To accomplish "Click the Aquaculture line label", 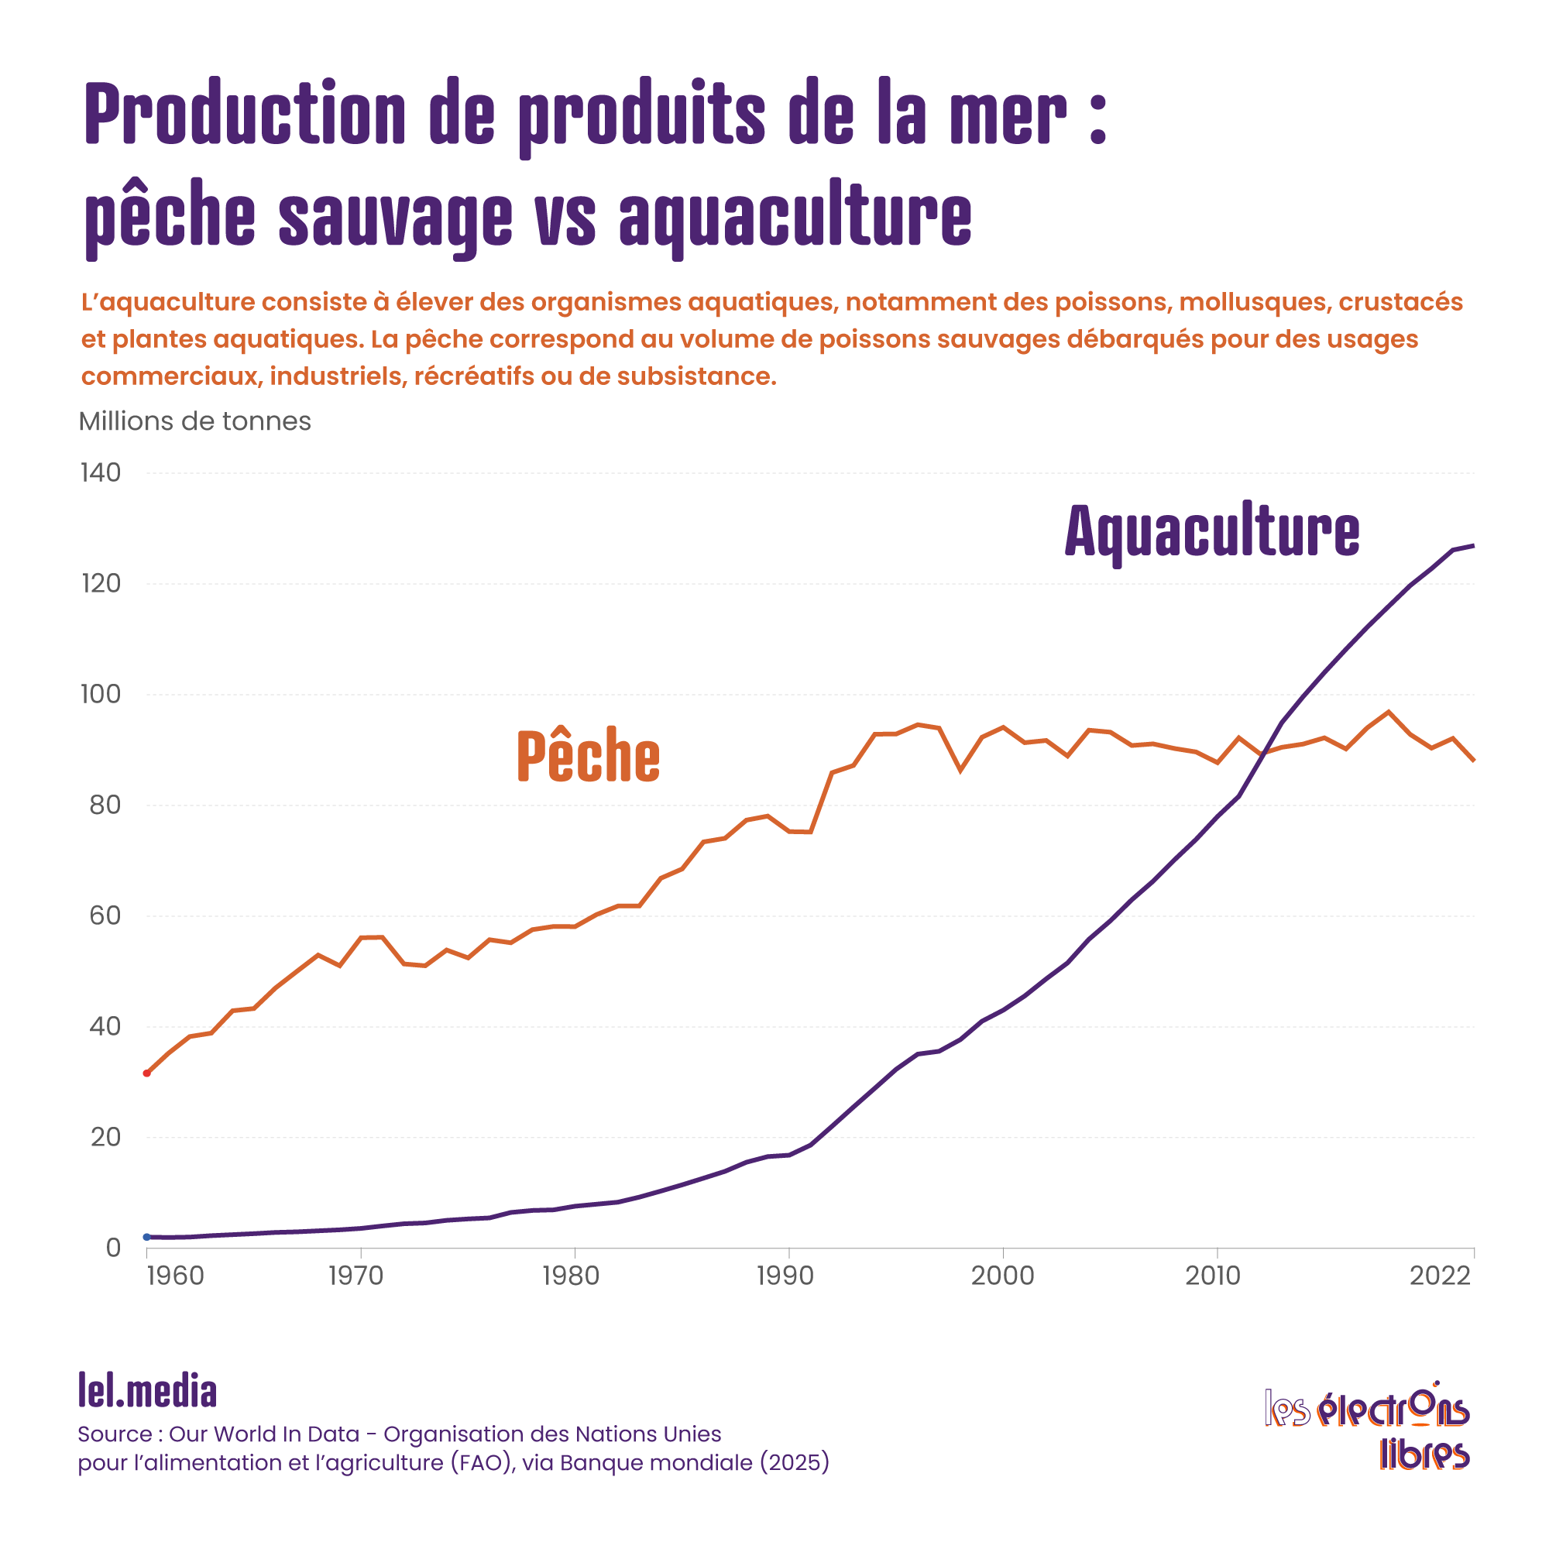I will pos(1211,531).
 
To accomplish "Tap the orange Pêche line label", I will pos(588,755).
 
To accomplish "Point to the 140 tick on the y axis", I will pos(101,473).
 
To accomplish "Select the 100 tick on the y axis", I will pos(101,694).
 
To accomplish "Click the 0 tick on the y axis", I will pos(113,1248).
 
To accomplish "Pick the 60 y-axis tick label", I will pos(105,915).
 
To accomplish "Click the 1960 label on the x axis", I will pos(175,1276).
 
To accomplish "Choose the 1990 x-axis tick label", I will pos(785,1276).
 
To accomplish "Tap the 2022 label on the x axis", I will pos(1440,1276).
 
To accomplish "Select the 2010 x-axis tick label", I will pos(1213,1276).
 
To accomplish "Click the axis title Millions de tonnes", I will pos(195,422).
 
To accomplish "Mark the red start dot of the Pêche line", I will pos(146,1073).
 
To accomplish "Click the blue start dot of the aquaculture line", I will pos(146,1237).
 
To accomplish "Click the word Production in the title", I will pos(246,115).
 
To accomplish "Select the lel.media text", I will pos(147,1390).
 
